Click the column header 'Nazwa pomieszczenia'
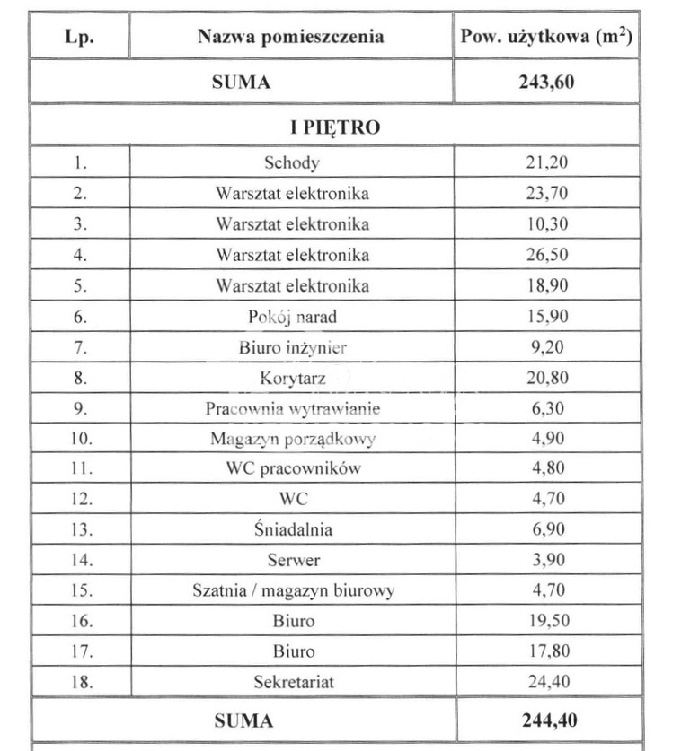(x=291, y=37)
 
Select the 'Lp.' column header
(x=80, y=37)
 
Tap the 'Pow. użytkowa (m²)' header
(x=545, y=37)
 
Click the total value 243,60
(x=545, y=83)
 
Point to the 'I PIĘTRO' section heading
(x=336, y=127)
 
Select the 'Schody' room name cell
(x=292, y=162)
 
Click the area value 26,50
(x=545, y=255)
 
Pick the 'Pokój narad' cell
(x=292, y=317)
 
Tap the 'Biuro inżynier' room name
(x=292, y=347)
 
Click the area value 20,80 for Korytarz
(x=545, y=379)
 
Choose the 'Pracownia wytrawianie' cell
(x=292, y=409)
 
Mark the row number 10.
(x=80, y=440)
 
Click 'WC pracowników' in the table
(x=292, y=469)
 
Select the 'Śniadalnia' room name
(x=292, y=529)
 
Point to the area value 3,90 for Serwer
(x=545, y=560)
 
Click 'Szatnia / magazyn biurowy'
(x=292, y=590)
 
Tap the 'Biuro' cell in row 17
(x=292, y=651)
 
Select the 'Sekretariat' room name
(x=292, y=682)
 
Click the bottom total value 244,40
(x=545, y=720)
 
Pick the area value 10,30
(x=545, y=223)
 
